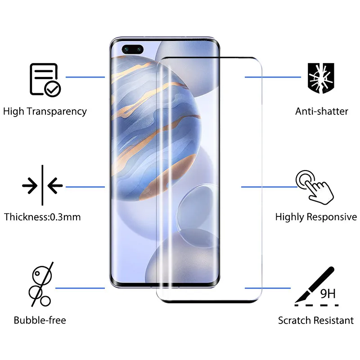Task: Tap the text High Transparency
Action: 45,111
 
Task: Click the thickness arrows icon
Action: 42,185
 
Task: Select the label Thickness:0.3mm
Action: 42,217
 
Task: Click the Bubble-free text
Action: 40,320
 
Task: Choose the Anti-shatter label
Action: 322,111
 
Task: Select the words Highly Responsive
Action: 316,217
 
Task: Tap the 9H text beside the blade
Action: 328,294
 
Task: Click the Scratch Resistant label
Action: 315,320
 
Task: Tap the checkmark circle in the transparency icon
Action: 53,89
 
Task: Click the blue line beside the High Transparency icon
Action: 85,77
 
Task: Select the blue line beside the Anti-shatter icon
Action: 273,77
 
